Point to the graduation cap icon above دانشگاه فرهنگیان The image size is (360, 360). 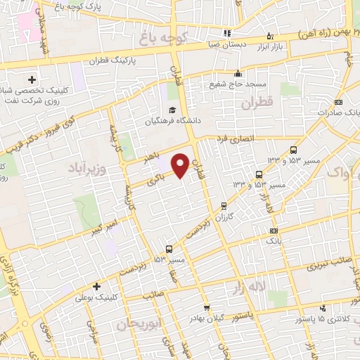[172, 109]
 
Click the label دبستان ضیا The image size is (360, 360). [226, 44]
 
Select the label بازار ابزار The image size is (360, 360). [270, 47]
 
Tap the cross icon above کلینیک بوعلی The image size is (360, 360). [96, 286]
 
